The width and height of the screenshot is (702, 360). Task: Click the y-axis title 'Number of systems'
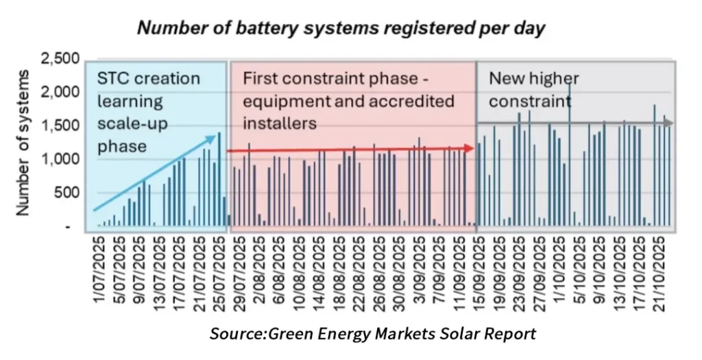[x=24, y=143]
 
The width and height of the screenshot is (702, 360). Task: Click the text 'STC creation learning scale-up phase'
[x=147, y=112]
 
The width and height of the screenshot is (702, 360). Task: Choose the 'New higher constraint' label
[x=531, y=89]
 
